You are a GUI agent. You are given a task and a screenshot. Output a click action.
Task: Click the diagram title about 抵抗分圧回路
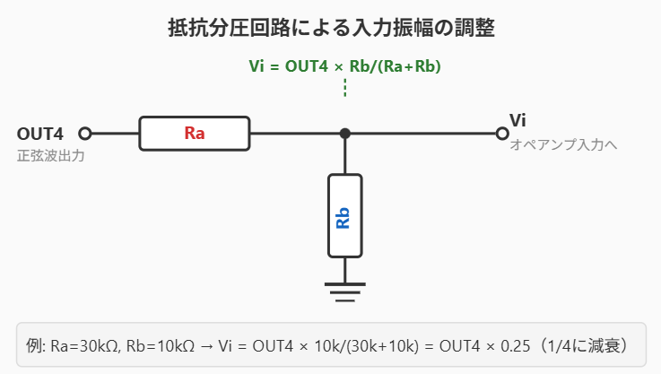click(x=330, y=28)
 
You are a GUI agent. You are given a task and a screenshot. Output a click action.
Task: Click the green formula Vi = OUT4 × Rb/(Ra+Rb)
click(x=344, y=66)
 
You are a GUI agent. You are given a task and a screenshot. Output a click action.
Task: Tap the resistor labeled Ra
click(x=195, y=134)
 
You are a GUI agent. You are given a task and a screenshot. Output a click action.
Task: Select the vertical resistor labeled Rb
click(x=344, y=215)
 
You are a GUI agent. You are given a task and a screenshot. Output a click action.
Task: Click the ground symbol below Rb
click(x=344, y=289)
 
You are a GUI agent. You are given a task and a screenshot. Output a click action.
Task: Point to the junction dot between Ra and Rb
click(x=344, y=134)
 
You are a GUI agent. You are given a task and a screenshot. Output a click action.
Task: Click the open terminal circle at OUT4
click(x=85, y=134)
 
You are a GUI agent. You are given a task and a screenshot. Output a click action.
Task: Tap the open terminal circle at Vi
click(x=502, y=134)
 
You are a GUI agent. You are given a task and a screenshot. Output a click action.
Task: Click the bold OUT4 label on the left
click(x=39, y=134)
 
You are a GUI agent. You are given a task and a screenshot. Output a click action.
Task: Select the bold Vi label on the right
click(x=517, y=120)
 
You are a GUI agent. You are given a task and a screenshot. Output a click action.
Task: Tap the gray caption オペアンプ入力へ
click(x=562, y=144)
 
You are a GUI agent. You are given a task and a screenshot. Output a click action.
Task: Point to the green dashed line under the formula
click(x=344, y=87)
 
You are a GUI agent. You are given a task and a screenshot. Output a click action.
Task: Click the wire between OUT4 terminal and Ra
click(x=115, y=134)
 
